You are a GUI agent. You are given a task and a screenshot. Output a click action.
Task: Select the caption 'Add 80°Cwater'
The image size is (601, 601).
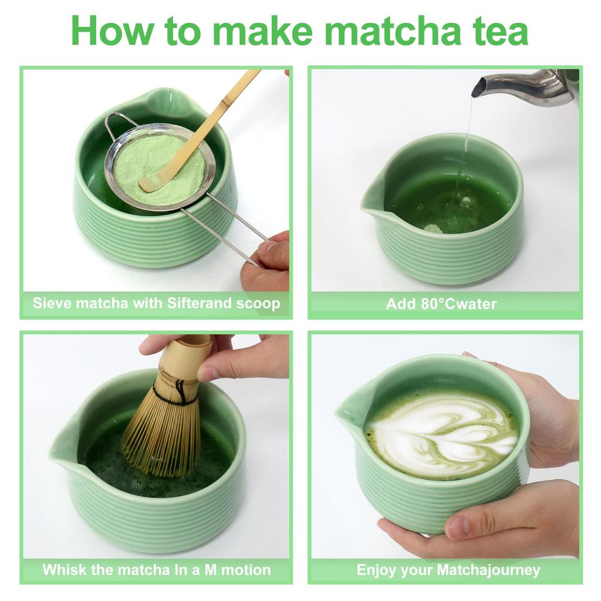point(441,304)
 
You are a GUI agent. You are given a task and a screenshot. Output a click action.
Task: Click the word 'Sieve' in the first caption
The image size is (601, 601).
point(53,303)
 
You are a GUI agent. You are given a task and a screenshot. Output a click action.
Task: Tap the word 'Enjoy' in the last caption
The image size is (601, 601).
point(377,569)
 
